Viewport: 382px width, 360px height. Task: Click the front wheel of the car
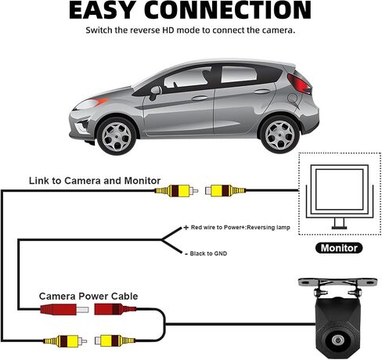(117, 136)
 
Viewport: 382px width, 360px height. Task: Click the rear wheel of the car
(279, 135)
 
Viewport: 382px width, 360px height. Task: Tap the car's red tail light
(299, 84)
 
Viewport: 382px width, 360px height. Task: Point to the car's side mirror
(154, 92)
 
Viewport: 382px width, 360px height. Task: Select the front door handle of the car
(200, 99)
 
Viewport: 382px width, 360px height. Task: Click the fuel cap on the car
(293, 98)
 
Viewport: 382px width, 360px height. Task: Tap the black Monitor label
(339, 248)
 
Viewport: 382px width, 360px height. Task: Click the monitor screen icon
(339, 197)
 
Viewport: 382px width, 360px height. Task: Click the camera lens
(337, 340)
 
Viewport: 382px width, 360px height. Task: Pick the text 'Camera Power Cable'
(88, 297)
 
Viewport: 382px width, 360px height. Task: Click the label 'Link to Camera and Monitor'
(95, 181)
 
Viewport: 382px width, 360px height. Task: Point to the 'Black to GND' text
(208, 254)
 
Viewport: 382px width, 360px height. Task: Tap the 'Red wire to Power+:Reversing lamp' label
(240, 227)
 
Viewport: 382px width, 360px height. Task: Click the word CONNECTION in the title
(227, 10)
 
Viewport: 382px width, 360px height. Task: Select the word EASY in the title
(102, 10)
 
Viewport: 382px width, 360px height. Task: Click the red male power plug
(64, 310)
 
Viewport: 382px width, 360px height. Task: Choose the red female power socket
(115, 309)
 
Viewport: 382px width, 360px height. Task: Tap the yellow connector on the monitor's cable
(225, 190)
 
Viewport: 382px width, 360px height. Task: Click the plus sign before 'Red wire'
(186, 228)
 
